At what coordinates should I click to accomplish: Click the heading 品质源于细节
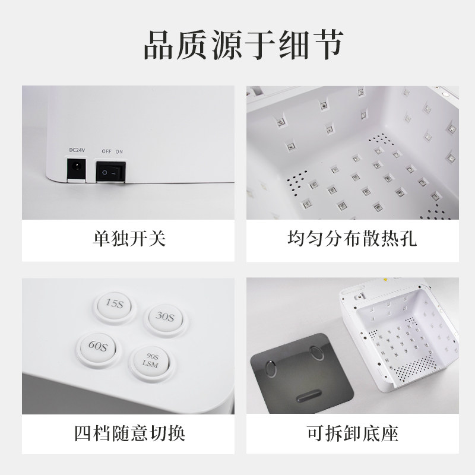(237, 46)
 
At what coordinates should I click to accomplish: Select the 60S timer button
(94, 345)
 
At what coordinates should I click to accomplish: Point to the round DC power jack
(75, 169)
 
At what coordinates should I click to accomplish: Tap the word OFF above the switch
(106, 152)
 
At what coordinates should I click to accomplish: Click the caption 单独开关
(129, 239)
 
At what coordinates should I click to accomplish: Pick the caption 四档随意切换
(129, 432)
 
